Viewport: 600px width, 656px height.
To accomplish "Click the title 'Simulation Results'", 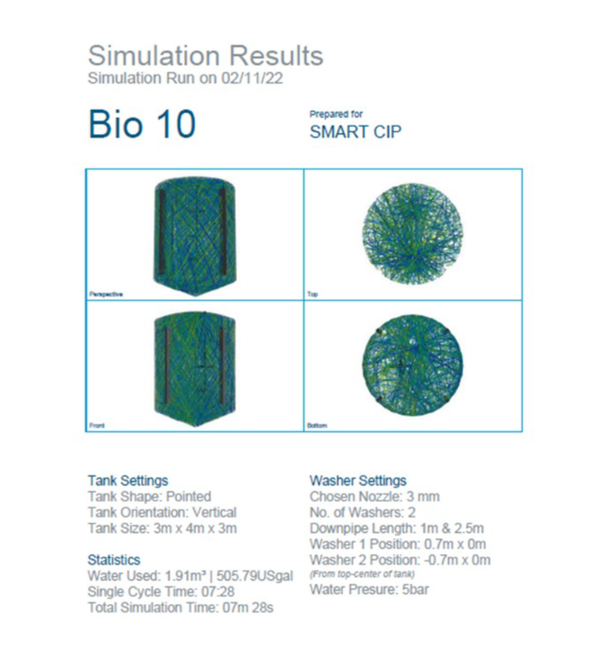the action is pyautogui.click(x=205, y=56).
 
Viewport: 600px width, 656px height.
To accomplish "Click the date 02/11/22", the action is pyautogui.click(x=252, y=78).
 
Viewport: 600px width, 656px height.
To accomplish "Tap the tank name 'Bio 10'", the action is pyautogui.click(x=142, y=124).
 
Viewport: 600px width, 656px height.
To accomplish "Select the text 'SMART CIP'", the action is pyautogui.click(x=355, y=132).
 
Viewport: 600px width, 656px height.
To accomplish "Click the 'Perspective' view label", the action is pyautogui.click(x=106, y=294).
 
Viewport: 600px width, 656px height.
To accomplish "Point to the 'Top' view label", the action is pyautogui.click(x=312, y=294).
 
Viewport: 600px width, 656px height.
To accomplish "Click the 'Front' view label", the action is pyautogui.click(x=97, y=425).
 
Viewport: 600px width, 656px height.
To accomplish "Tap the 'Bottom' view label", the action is pyautogui.click(x=317, y=425).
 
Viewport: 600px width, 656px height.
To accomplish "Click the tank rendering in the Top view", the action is pyautogui.click(x=412, y=234).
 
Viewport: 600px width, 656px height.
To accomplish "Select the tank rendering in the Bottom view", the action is pyautogui.click(x=412, y=365).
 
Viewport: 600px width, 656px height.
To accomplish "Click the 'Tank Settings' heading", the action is pyautogui.click(x=128, y=481).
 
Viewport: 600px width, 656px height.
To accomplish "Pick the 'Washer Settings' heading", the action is pyautogui.click(x=358, y=481).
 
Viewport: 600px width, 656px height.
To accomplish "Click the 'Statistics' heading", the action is pyautogui.click(x=114, y=560).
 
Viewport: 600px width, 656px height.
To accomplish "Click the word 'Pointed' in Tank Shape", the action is pyautogui.click(x=189, y=496).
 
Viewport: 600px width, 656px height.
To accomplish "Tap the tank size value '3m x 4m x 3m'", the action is pyautogui.click(x=195, y=528).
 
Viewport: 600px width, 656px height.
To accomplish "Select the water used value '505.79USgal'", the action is pyautogui.click(x=255, y=576).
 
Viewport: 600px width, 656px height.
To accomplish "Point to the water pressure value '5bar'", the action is pyautogui.click(x=415, y=590).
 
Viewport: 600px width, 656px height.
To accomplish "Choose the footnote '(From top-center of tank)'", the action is pyautogui.click(x=362, y=574).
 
